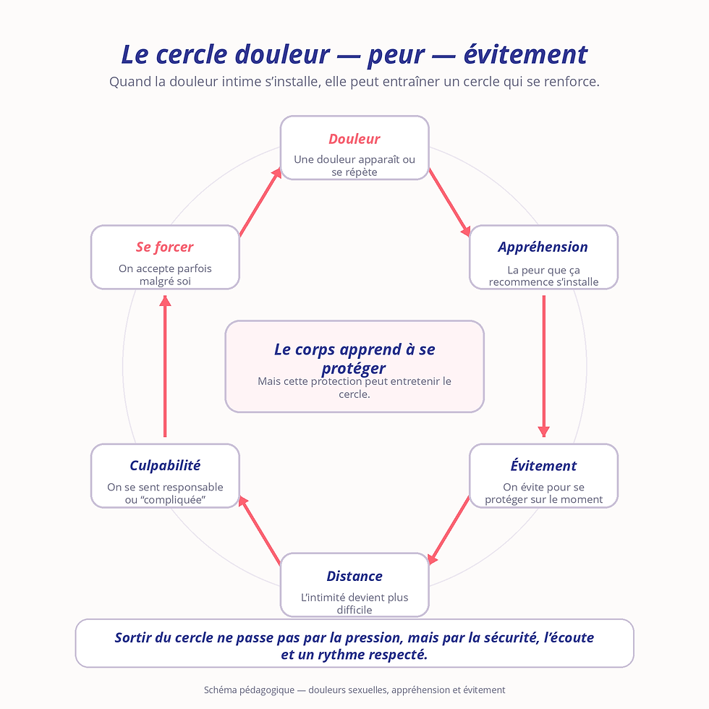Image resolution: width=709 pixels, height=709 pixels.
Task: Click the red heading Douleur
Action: [x=354, y=139]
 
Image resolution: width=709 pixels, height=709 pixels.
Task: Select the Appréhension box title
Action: [x=543, y=247]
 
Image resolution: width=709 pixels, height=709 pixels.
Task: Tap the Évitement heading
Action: [x=543, y=465]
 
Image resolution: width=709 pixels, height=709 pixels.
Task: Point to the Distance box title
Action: [x=354, y=576]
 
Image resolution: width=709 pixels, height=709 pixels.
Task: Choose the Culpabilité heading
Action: [x=165, y=466]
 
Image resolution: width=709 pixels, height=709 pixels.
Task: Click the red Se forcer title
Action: [x=165, y=247]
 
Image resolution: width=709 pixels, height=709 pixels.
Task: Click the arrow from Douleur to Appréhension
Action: [x=449, y=202]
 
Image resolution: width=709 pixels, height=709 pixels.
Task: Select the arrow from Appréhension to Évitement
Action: [x=543, y=366]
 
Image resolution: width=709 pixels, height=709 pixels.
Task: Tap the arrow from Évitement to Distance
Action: [x=449, y=530]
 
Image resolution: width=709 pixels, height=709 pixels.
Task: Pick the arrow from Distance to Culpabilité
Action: [x=260, y=530]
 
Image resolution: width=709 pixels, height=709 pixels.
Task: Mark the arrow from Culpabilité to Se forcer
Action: [x=165, y=366]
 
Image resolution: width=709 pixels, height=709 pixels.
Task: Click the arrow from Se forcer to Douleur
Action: [x=260, y=202]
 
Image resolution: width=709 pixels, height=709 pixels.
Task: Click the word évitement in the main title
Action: [x=525, y=55]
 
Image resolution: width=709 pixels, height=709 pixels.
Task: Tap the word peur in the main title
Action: [x=396, y=56]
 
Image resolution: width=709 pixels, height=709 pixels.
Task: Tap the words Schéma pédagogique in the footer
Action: [x=249, y=690]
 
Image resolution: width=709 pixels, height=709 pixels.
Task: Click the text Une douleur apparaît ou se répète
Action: [x=354, y=166]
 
